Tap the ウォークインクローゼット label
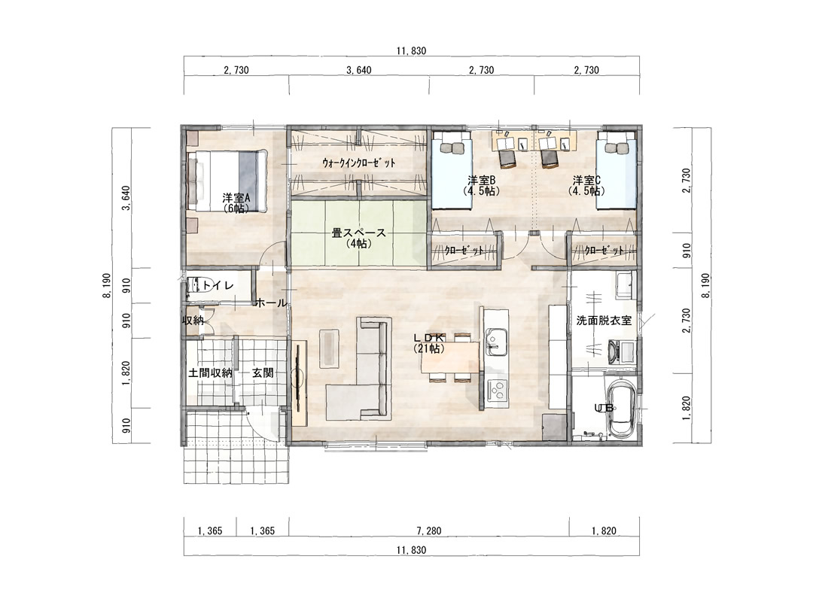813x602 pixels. coord(359,163)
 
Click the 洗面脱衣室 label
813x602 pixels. coord(604,321)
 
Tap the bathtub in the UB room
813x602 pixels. coord(620,409)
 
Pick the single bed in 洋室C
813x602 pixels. coord(616,169)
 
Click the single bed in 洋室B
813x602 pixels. coord(452,169)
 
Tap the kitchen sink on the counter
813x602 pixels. coord(496,342)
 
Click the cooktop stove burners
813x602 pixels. coord(498,389)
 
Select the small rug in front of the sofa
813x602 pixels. coord(329,348)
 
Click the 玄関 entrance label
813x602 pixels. coord(263,372)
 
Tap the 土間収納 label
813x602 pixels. coord(210,372)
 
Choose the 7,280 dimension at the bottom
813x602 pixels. coord(429,531)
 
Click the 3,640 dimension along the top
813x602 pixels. coord(359,70)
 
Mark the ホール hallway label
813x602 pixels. coord(271,303)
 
